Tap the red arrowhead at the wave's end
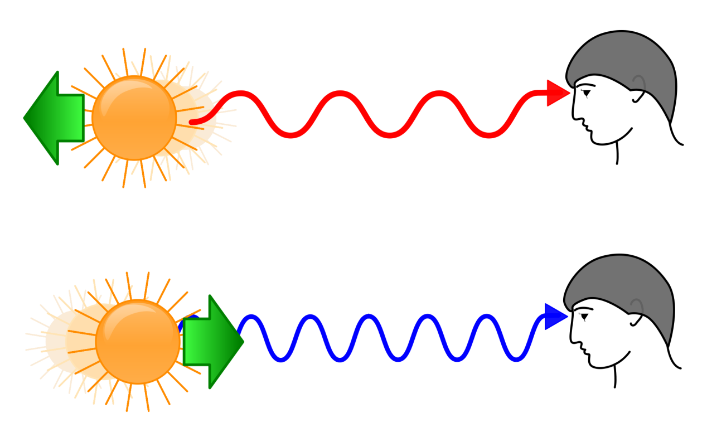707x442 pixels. click(558, 93)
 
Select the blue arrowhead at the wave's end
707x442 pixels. click(555, 317)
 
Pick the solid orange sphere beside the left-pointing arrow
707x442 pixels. click(134, 118)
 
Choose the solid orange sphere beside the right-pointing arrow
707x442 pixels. click(138, 342)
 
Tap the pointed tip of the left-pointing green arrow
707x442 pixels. click(25, 118)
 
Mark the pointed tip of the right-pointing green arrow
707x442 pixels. click(243, 342)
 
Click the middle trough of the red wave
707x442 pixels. click(390, 135)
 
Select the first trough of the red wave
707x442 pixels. click(290, 135)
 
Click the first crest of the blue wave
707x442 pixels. click(250, 317)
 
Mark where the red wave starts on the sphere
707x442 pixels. click(192, 122)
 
